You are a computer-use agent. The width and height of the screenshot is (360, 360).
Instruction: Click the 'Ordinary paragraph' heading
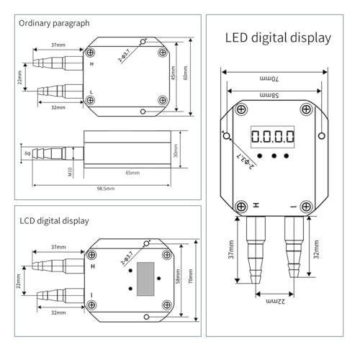click(x=54, y=24)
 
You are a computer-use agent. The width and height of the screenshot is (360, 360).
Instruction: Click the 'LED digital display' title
click(x=278, y=38)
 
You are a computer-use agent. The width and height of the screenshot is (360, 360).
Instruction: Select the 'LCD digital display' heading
click(x=54, y=221)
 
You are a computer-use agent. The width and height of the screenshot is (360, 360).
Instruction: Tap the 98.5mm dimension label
click(x=106, y=189)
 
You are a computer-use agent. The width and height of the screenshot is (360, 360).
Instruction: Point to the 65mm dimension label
click(x=132, y=173)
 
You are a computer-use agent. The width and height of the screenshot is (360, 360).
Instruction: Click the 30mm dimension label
click(x=176, y=150)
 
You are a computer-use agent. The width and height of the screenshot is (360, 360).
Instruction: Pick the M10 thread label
click(x=70, y=172)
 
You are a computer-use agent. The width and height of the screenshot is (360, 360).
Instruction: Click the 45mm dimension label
click(x=173, y=73)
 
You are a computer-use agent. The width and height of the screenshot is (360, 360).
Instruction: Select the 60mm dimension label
click(x=185, y=73)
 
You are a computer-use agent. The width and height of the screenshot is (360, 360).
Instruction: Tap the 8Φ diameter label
click(x=27, y=153)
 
